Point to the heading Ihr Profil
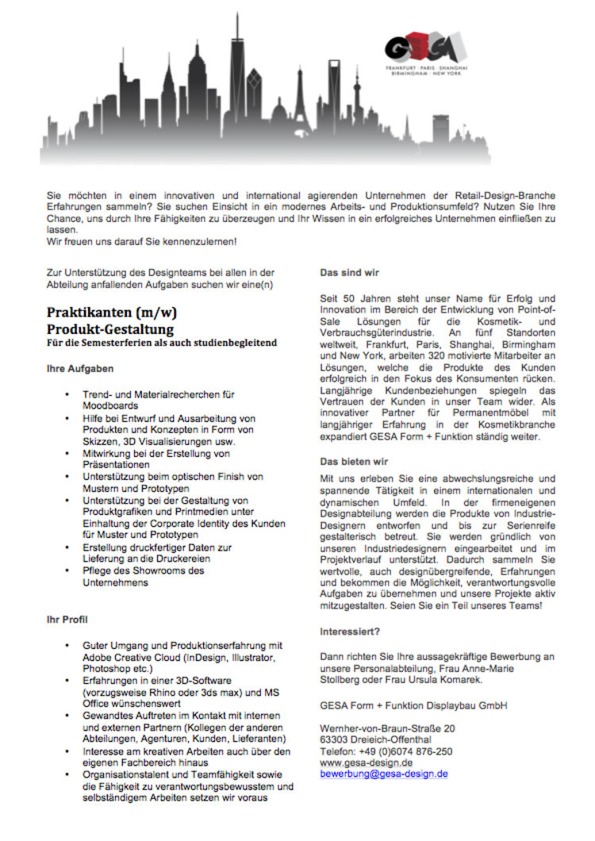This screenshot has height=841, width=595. pos(67,619)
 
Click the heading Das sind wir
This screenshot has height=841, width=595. pos(349,273)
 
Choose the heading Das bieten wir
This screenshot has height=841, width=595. pos(353,460)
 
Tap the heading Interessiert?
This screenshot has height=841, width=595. pos(350,632)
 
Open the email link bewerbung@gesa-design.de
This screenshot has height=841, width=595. pos(384,773)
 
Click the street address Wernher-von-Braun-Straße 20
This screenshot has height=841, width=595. pos(387,728)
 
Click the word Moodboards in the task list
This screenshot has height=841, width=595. pos(111,405)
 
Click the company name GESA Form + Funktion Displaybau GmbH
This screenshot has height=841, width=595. pos(413,705)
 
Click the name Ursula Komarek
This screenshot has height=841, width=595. pos(440,680)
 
